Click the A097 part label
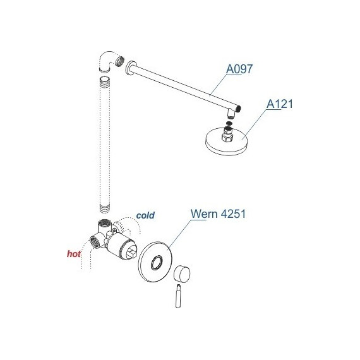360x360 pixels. click(239, 69)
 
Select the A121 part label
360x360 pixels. click(280, 104)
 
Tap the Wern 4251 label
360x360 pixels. click(218, 213)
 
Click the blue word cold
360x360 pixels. click(145, 215)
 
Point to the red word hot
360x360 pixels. click(74, 254)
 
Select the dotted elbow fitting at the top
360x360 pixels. click(108, 61)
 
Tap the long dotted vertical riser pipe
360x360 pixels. click(105, 145)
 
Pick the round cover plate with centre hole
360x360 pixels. click(155, 261)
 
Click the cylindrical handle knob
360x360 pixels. click(182, 273)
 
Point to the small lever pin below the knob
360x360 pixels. click(178, 296)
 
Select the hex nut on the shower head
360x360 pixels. click(227, 137)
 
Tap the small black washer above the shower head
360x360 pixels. click(229, 123)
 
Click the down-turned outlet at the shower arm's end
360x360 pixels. click(232, 113)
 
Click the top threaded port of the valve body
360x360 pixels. click(104, 223)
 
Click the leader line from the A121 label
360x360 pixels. click(254, 124)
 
